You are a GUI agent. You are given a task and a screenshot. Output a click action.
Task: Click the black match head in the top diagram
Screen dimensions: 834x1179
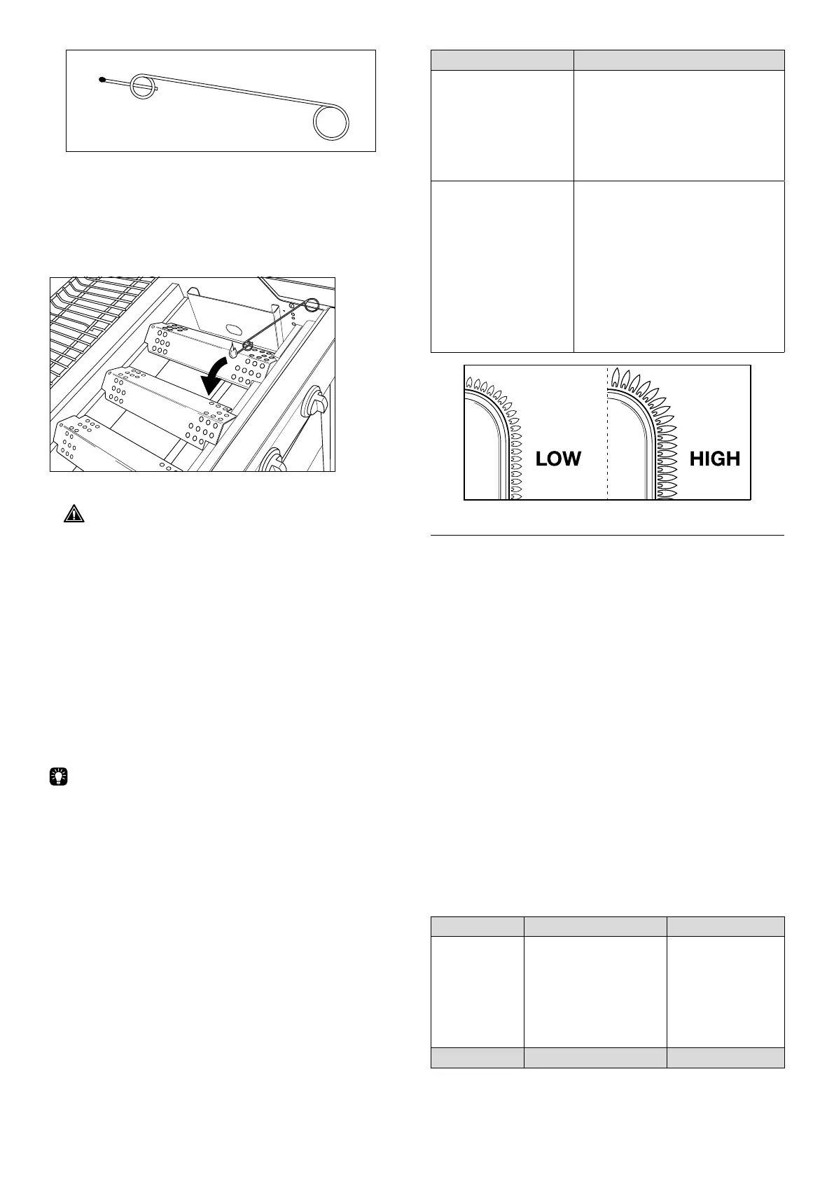click(x=103, y=81)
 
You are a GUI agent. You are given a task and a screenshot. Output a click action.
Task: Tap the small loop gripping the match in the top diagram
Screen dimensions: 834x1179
click(x=145, y=86)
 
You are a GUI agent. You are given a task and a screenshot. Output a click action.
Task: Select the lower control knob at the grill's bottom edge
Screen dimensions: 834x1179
click(x=275, y=461)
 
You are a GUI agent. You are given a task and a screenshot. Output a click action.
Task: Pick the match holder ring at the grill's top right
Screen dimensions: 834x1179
click(x=312, y=305)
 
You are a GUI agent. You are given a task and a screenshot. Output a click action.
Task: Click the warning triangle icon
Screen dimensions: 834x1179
click(x=72, y=515)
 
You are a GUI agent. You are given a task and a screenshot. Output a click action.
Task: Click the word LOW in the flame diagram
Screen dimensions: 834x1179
click(x=558, y=459)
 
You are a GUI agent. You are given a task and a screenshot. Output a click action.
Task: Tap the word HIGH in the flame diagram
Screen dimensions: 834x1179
click(x=714, y=459)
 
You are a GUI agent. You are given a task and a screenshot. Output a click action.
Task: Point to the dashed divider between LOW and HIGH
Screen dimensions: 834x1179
click(x=607, y=434)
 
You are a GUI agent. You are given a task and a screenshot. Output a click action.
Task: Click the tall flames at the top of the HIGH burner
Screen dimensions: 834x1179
click(x=634, y=382)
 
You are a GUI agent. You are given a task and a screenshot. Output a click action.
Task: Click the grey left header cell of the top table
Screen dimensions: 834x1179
click(x=501, y=60)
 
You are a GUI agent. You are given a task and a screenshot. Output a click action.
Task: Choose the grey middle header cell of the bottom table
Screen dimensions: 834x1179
click(x=595, y=926)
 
